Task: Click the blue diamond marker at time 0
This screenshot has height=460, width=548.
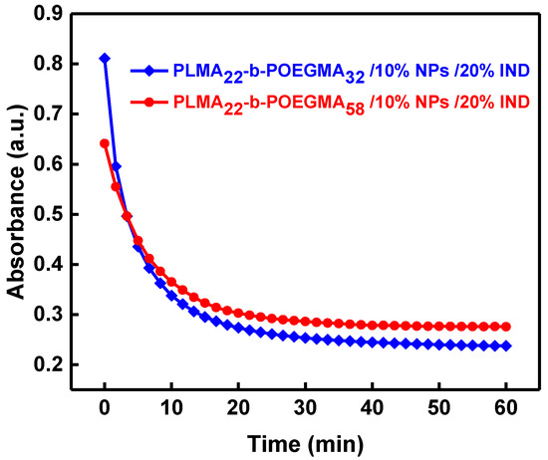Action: click(x=105, y=59)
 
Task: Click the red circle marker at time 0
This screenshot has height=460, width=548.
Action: click(x=105, y=143)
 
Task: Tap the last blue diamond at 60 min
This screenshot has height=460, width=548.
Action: click(x=506, y=346)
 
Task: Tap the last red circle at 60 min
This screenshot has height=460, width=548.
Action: click(x=506, y=327)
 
